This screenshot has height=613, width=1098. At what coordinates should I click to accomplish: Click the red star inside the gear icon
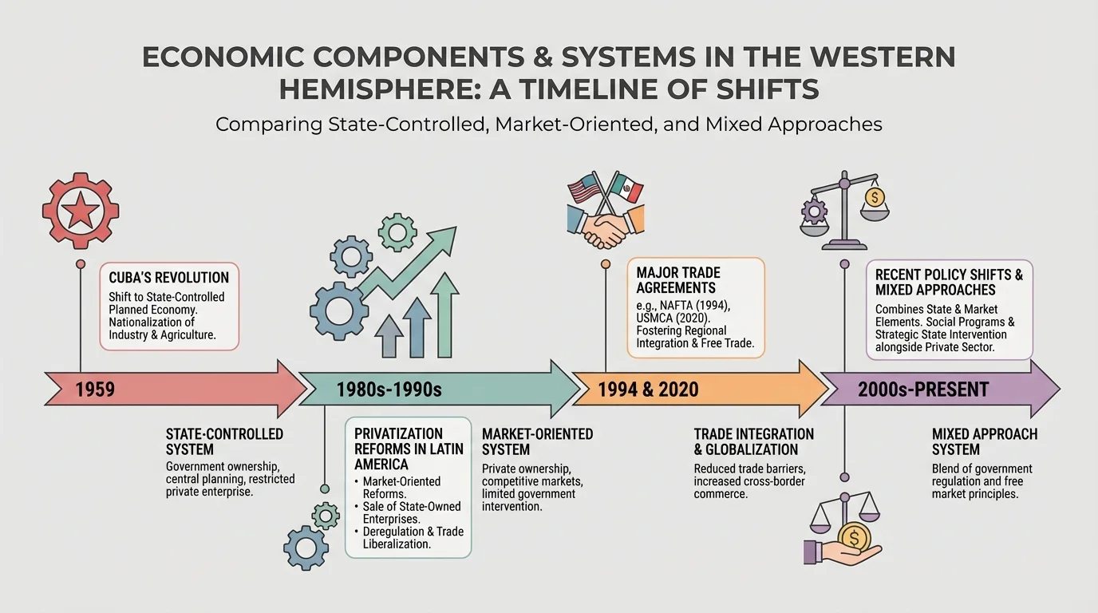(x=81, y=212)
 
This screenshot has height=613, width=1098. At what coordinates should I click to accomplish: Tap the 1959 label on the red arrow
(x=95, y=390)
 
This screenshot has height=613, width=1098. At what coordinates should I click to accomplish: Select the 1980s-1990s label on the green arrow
(x=389, y=390)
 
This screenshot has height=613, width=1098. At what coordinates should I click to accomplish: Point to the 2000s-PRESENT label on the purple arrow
(x=922, y=390)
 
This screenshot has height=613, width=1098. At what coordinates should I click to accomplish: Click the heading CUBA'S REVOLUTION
(x=169, y=278)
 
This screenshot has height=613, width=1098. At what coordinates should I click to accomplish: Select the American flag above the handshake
(x=584, y=190)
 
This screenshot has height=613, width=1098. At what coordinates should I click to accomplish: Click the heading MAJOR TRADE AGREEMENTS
(x=677, y=280)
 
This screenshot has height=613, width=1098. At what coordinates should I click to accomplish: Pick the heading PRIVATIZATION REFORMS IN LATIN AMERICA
(x=409, y=448)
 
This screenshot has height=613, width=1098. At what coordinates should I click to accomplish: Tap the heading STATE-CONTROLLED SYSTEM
(x=224, y=441)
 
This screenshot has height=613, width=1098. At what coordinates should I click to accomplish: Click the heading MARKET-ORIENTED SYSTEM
(x=537, y=441)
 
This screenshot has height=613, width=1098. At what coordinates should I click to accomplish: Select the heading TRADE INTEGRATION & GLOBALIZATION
(x=753, y=441)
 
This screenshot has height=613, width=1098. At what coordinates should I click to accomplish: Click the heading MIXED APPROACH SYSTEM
(x=984, y=441)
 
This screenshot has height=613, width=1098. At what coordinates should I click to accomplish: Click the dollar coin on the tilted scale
(x=875, y=196)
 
